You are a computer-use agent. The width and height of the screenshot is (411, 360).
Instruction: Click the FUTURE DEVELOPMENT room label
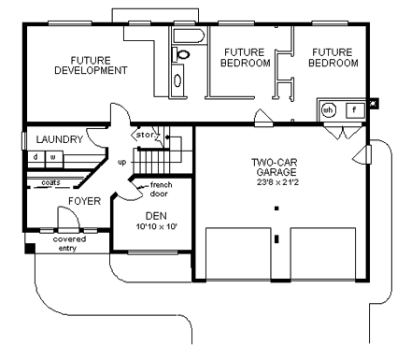91,65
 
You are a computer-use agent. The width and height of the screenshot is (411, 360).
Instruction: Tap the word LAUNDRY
60,139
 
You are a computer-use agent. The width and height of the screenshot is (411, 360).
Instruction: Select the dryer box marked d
35,157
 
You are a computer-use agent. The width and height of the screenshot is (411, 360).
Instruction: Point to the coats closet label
50,183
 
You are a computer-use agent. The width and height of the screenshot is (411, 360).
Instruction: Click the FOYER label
84,201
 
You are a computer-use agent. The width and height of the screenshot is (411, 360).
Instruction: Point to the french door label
161,191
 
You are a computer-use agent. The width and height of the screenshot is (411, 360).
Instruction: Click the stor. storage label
147,136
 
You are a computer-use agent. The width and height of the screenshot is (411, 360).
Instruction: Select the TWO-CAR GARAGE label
275,167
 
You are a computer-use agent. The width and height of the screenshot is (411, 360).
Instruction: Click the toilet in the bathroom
182,55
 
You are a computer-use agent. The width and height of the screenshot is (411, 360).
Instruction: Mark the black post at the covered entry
30,250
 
